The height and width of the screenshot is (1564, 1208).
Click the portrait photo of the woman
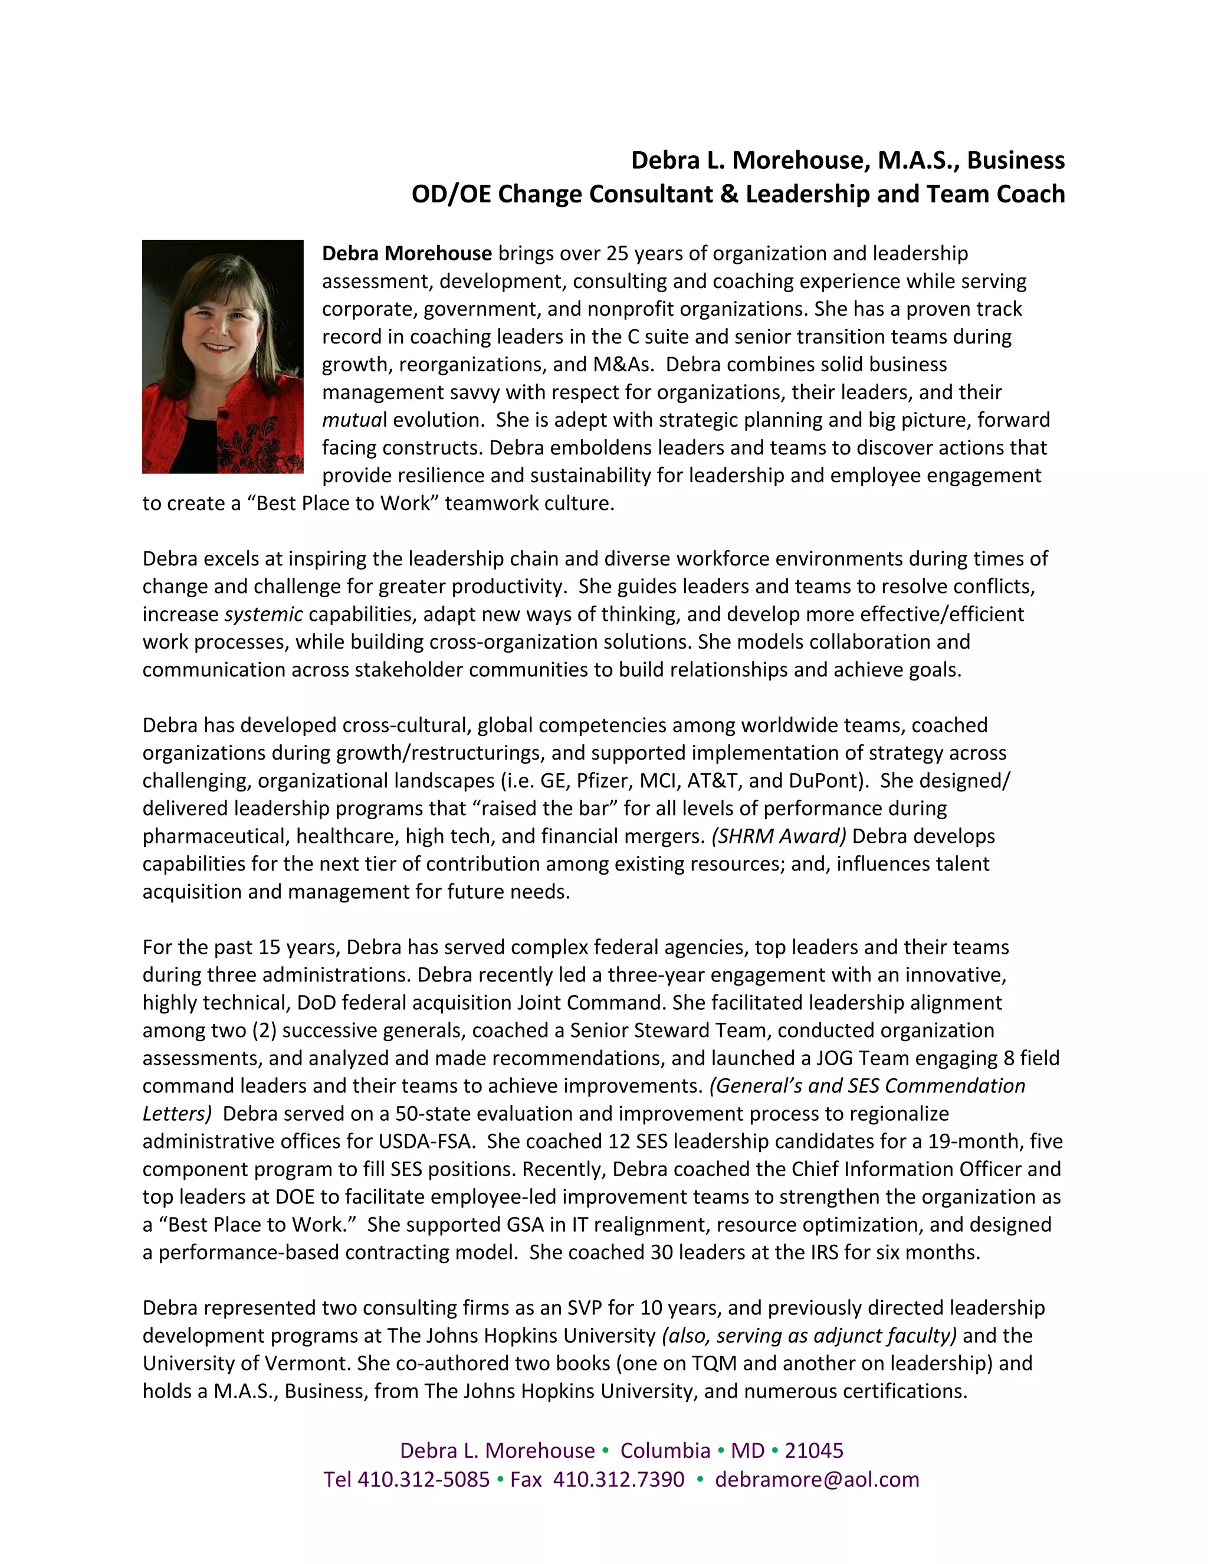tap(222, 356)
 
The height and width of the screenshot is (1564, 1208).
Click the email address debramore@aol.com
tap(816, 1480)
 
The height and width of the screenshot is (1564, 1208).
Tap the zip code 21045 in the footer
tap(813, 1450)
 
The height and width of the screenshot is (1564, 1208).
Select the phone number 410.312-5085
tap(423, 1480)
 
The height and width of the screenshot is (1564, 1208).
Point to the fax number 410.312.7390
tap(618, 1480)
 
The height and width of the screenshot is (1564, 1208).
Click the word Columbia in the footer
tap(665, 1450)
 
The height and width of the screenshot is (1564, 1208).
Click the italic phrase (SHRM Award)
tap(779, 836)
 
